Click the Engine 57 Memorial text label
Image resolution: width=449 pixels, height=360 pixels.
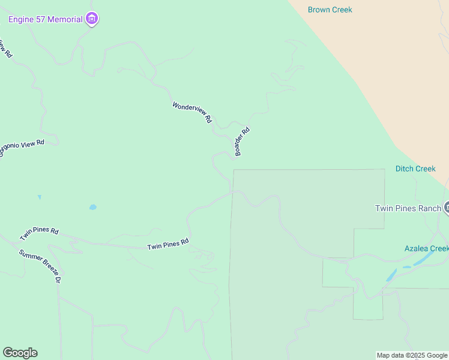45,19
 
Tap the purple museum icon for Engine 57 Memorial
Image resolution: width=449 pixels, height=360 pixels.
92,19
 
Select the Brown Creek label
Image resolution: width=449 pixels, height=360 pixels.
330,10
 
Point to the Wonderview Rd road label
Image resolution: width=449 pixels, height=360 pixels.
192,113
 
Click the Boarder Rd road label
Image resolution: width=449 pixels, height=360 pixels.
242,142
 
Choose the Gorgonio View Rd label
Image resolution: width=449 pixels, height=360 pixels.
21,148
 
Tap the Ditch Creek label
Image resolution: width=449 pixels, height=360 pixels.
415,169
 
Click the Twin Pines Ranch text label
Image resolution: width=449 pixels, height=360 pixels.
408,208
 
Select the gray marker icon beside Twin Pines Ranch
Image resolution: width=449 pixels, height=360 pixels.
447,208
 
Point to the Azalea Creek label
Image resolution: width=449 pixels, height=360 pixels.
426,248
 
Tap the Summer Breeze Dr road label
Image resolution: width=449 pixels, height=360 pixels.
40,266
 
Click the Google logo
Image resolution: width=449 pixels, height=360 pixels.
20,353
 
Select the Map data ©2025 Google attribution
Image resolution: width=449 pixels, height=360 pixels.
412,355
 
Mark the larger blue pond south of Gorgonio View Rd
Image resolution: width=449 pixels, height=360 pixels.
92,208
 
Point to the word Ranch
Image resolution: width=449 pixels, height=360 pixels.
429,208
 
